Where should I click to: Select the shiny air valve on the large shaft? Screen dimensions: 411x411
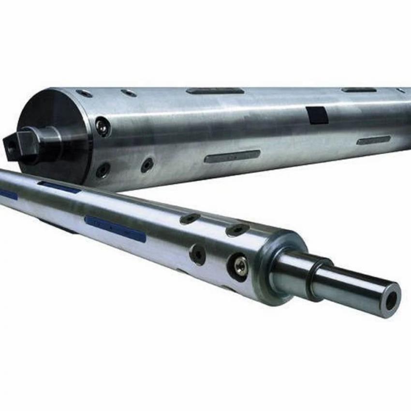(x=102, y=127)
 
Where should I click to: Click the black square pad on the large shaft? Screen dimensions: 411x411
(x=317, y=115)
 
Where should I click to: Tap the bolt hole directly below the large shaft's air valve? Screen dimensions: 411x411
(x=103, y=170)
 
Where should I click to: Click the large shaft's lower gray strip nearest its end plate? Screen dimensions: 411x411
(x=232, y=156)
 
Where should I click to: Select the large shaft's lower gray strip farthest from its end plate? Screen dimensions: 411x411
(x=373, y=140)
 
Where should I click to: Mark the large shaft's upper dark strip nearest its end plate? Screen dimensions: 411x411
(x=215, y=91)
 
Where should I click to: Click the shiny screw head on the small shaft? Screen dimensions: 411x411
(x=240, y=265)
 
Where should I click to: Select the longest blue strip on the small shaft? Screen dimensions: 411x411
(x=115, y=229)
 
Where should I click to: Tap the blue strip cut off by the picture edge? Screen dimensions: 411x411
(x=7, y=194)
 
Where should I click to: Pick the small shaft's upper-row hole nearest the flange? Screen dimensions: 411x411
(x=237, y=230)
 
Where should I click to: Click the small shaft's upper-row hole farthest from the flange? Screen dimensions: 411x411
(x=190, y=219)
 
